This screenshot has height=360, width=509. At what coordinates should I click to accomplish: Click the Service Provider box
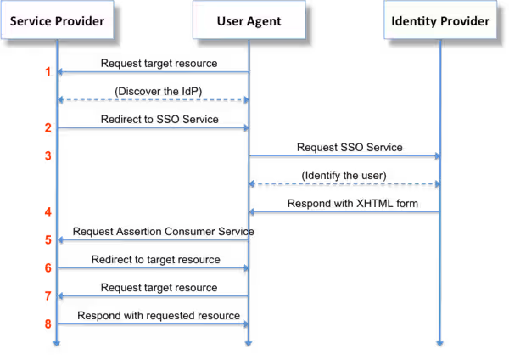[x=57, y=21]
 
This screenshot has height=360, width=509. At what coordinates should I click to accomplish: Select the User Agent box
[x=248, y=21]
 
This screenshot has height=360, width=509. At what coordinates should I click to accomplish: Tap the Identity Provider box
[x=440, y=21]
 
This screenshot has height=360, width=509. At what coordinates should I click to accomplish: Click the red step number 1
[x=48, y=72]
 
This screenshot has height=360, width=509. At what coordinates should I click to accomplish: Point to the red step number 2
[x=48, y=127]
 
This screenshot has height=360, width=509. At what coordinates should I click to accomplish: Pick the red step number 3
[x=48, y=155]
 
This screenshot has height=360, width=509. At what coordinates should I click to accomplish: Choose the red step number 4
[x=48, y=211]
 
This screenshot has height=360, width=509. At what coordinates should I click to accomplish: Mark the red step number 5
[x=48, y=240]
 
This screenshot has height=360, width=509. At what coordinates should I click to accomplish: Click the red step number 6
[x=48, y=267]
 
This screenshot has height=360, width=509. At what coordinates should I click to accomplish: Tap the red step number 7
[x=48, y=295]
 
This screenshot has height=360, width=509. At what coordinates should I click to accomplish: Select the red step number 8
[x=48, y=323]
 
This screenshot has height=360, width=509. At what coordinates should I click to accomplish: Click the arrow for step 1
[x=153, y=72]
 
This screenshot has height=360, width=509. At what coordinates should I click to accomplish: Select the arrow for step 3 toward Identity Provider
[x=344, y=155]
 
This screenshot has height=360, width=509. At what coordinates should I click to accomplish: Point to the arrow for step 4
[x=344, y=211]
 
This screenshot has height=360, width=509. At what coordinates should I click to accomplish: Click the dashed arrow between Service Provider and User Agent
[x=153, y=100]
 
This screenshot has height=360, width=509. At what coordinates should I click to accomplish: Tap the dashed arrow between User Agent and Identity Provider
[x=344, y=183]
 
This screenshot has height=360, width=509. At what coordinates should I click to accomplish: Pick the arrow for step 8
[x=153, y=323]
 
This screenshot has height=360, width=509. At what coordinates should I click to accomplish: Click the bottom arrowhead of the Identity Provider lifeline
[x=440, y=342]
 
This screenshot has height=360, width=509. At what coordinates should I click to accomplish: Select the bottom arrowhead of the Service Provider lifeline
[x=57, y=342]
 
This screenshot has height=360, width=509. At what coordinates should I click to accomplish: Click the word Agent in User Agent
[x=265, y=21]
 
